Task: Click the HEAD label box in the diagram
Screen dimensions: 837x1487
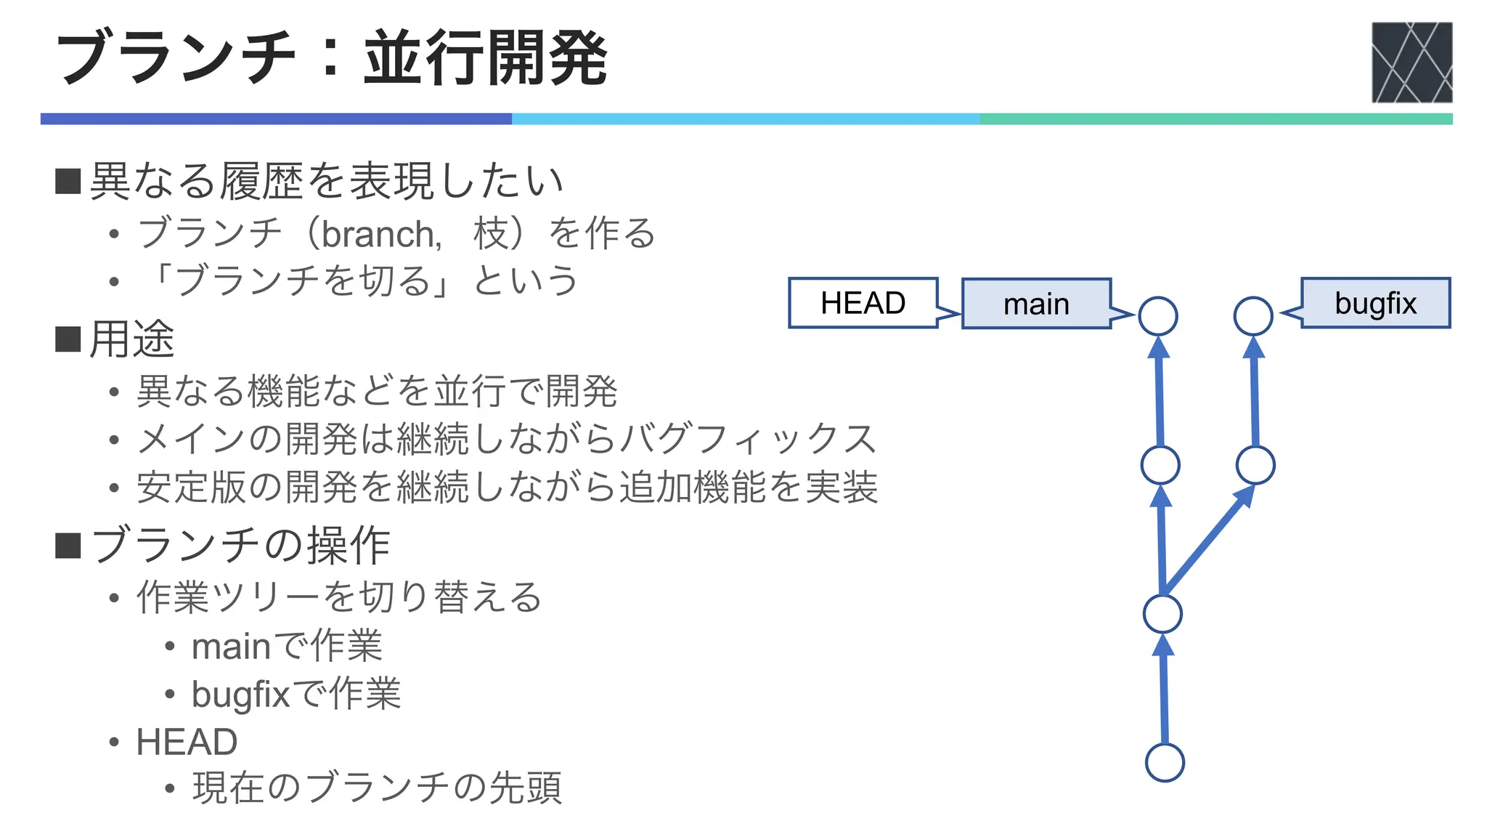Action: (x=863, y=303)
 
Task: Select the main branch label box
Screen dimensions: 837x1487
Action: (x=1036, y=304)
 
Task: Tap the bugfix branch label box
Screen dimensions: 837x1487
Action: (x=1375, y=303)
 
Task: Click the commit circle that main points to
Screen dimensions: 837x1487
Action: (x=1158, y=316)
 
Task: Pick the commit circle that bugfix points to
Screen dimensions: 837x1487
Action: (x=1253, y=316)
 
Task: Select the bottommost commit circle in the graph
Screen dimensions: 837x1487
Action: (x=1165, y=762)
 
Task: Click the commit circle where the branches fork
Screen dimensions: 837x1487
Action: (x=1162, y=614)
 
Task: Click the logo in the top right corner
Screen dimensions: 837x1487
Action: (x=1411, y=62)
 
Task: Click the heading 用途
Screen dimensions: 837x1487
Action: (x=131, y=339)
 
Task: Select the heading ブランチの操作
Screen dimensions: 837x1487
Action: (x=240, y=545)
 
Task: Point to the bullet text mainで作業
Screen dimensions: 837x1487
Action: (x=287, y=646)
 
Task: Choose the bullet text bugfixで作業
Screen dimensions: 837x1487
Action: (x=296, y=693)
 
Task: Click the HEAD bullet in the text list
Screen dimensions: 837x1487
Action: (x=187, y=742)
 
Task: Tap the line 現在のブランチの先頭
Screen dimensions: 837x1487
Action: (x=377, y=788)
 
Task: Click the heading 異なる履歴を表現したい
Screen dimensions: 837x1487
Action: (x=326, y=181)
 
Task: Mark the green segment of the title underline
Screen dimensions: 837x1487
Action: (x=1215, y=119)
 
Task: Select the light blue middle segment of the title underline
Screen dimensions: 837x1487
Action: (x=746, y=119)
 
